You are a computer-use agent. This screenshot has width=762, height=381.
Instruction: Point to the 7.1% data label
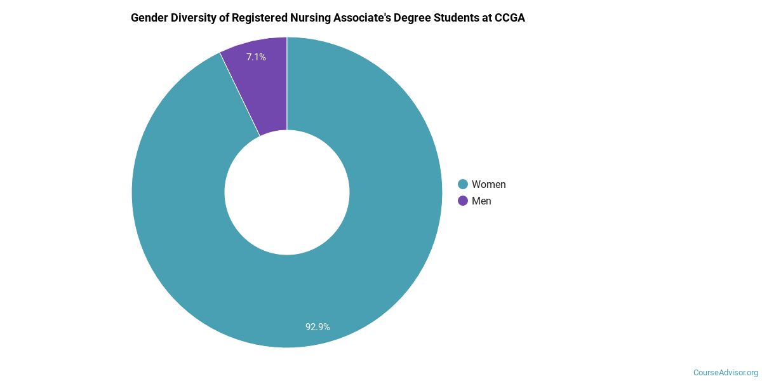click(x=256, y=57)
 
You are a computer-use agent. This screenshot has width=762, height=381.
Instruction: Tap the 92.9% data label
click(x=317, y=327)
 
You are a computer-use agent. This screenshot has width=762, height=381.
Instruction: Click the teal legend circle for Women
click(x=463, y=184)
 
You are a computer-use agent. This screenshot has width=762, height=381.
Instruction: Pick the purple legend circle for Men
click(x=463, y=201)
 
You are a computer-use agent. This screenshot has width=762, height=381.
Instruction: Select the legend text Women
click(x=488, y=184)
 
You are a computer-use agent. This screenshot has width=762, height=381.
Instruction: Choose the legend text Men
click(x=481, y=201)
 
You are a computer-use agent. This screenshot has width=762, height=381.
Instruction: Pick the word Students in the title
click(x=464, y=18)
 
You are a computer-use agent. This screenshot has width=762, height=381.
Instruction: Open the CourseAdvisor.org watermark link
click(x=725, y=372)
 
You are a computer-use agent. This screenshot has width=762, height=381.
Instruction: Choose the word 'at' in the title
click(x=491, y=18)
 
